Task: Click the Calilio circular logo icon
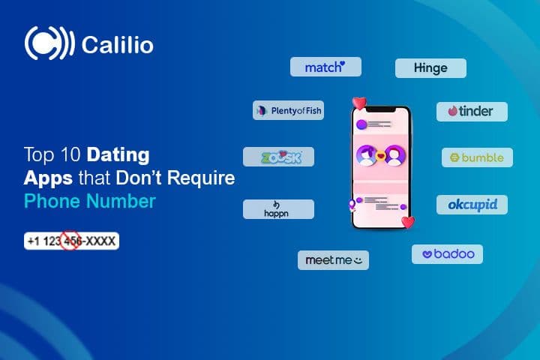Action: tap(49, 44)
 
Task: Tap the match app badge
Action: tap(325, 67)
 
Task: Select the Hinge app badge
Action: tap(430, 68)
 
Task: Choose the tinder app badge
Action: tap(472, 111)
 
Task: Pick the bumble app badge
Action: tap(477, 157)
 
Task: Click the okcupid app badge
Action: tap(472, 204)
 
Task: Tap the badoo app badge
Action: tap(447, 254)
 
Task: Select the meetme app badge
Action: tap(333, 260)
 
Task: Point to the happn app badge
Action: tap(278, 208)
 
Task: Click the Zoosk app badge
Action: tap(278, 157)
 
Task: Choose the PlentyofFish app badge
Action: tap(287, 110)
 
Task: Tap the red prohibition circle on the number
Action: tap(70, 241)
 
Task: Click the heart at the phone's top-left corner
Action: tap(359, 103)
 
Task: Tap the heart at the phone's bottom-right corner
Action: tap(407, 221)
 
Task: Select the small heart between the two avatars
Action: tap(381, 157)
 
